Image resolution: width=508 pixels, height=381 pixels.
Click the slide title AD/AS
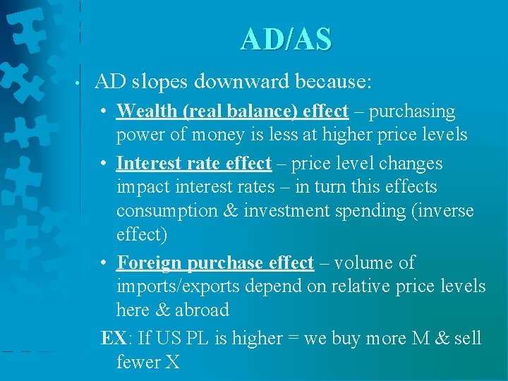(x=285, y=40)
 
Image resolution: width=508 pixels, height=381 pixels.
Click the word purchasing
(x=412, y=111)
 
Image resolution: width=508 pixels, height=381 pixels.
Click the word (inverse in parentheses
(x=439, y=211)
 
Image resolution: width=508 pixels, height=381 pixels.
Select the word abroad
(x=202, y=310)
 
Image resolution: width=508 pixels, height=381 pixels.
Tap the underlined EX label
(x=113, y=339)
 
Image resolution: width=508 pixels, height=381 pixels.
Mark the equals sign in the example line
(x=291, y=339)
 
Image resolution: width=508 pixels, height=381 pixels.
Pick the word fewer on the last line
(x=138, y=363)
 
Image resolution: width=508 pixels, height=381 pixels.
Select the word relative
(x=372, y=286)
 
